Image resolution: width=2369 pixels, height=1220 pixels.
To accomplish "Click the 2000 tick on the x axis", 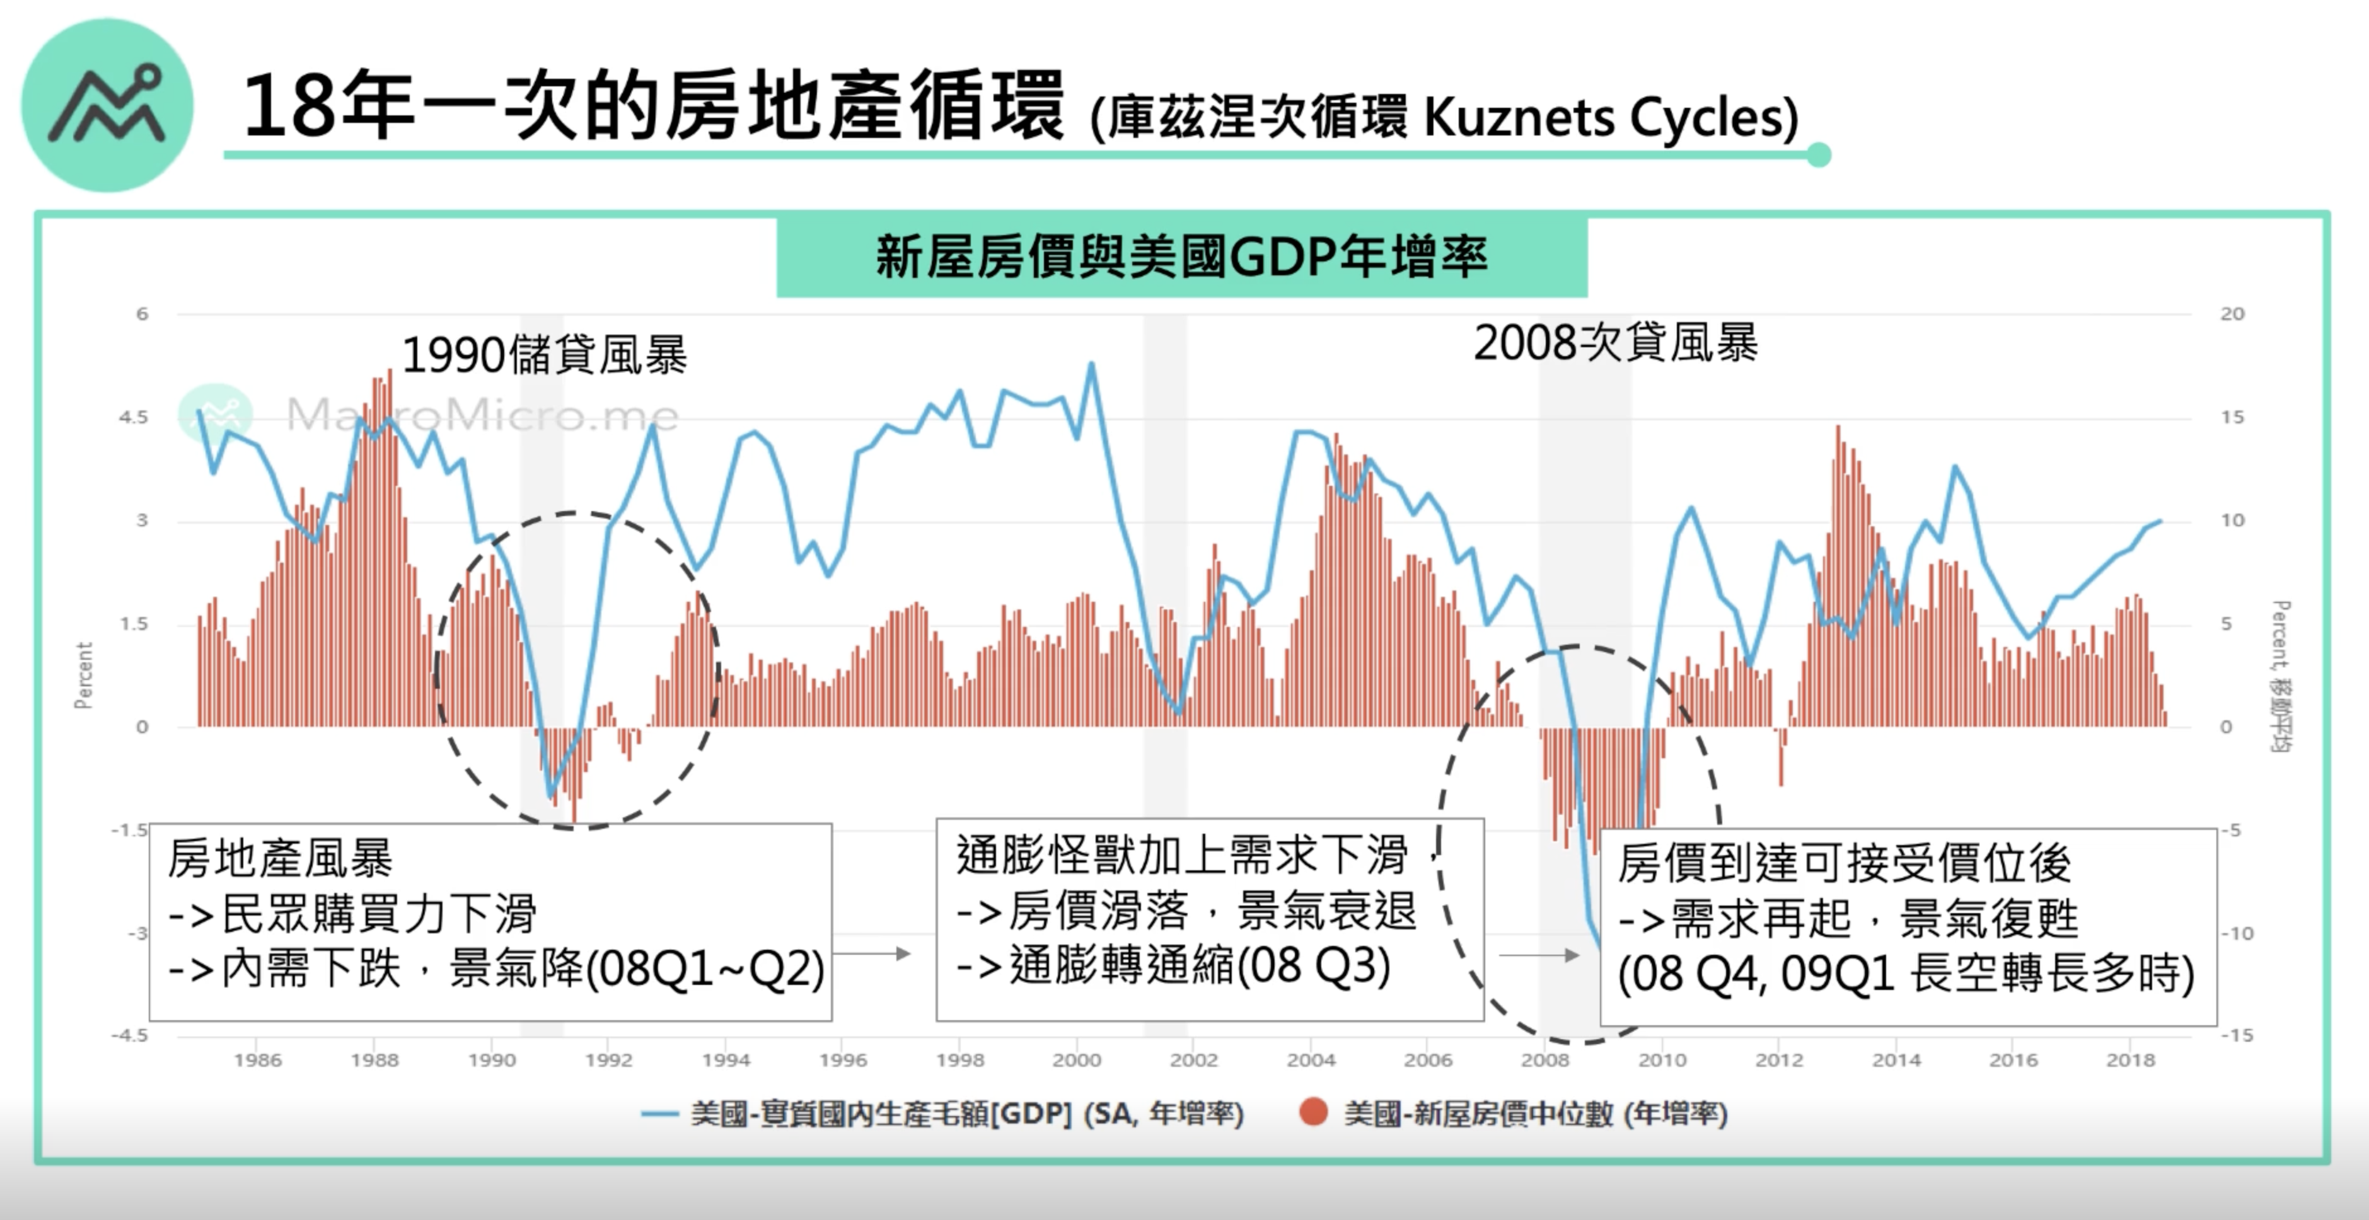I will tap(1076, 1060).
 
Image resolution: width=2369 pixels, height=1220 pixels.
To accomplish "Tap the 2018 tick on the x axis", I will tap(2130, 1060).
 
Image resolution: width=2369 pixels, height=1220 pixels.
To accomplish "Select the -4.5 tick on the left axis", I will tap(130, 1036).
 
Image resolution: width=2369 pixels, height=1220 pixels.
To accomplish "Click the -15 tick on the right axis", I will tap(2237, 1036).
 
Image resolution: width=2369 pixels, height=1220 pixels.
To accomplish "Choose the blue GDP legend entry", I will tap(942, 1114).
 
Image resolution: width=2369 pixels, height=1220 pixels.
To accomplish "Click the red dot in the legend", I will tap(1313, 1112).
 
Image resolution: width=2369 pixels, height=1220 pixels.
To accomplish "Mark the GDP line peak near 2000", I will tap(1092, 364).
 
